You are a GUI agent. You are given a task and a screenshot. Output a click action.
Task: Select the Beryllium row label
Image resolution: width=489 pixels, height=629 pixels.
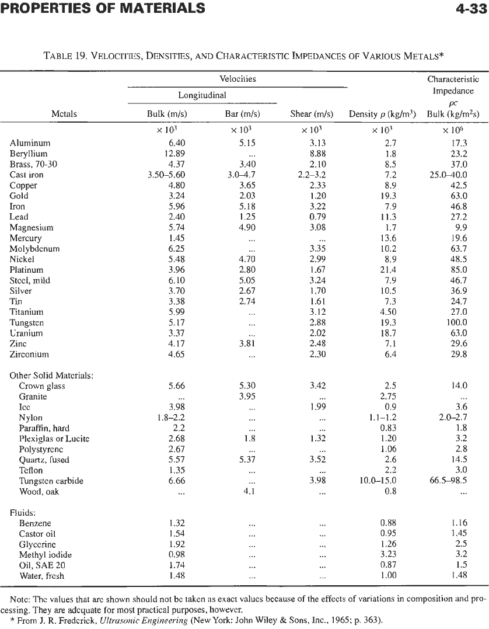coord(29,154)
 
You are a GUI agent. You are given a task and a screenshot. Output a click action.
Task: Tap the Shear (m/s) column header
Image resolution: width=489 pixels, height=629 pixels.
coord(312,114)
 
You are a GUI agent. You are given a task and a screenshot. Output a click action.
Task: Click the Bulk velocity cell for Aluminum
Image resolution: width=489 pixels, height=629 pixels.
coord(176,143)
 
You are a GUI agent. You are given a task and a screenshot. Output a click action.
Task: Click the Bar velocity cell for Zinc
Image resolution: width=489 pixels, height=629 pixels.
coord(247,344)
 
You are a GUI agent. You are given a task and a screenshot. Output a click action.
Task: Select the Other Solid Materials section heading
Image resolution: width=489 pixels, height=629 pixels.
coord(52,376)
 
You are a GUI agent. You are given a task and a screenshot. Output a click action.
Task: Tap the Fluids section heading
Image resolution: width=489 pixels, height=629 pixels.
coord(23,513)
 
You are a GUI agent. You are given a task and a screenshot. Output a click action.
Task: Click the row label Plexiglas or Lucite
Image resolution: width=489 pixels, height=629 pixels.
coord(54,439)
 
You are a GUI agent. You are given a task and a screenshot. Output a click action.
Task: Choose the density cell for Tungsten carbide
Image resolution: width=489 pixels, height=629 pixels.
coord(378,481)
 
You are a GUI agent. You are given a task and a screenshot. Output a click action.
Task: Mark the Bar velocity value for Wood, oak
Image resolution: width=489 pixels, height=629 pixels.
coord(249,491)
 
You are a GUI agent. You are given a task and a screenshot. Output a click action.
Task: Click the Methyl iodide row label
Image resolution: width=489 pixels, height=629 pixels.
coord(46,555)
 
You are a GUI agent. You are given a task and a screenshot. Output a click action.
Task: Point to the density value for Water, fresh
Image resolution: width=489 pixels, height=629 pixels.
coord(388,576)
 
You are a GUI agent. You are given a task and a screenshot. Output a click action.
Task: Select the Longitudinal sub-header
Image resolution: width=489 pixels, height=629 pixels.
coord(202,95)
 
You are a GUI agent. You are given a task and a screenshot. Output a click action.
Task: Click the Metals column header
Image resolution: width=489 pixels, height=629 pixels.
coord(64,114)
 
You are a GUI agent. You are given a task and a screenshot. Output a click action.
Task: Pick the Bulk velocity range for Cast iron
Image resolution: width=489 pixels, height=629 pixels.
coord(166,175)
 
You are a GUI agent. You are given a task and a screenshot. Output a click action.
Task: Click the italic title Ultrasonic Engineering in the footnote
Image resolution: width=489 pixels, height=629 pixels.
coord(144,620)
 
